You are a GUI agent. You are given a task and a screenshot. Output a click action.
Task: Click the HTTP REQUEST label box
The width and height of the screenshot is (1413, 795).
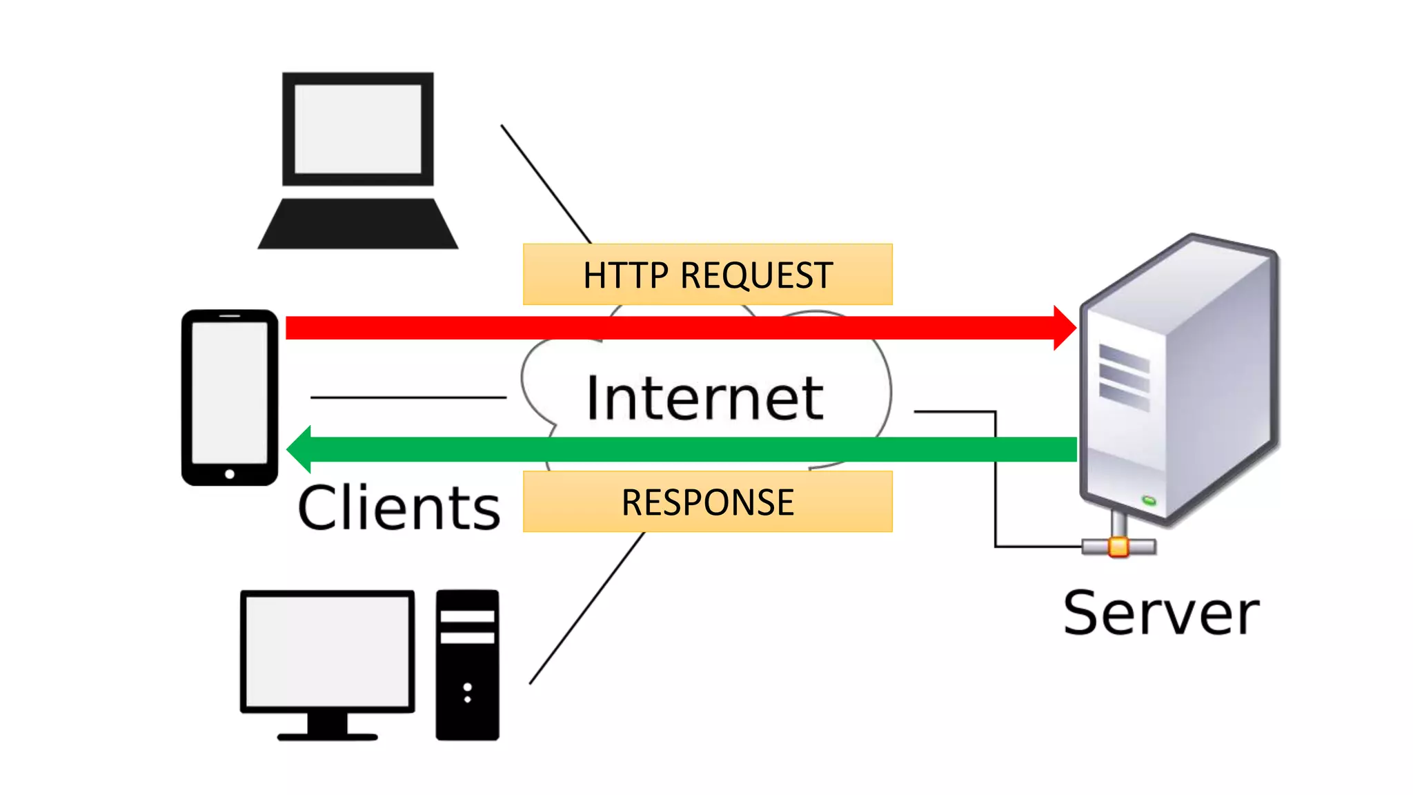(707, 275)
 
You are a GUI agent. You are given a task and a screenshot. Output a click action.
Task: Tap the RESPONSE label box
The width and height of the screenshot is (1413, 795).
(707, 502)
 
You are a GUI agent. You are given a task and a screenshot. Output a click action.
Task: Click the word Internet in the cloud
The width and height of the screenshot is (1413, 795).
(704, 398)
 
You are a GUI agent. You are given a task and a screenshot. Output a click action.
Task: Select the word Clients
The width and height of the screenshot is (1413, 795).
(399, 509)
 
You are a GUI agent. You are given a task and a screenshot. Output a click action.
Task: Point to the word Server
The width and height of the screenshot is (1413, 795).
(1161, 613)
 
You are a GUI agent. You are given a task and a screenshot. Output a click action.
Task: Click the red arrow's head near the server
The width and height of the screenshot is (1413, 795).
(1064, 328)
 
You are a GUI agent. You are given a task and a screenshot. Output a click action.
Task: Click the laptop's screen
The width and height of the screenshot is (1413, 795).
(357, 129)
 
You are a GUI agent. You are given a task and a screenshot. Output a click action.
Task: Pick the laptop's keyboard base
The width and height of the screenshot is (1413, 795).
(357, 224)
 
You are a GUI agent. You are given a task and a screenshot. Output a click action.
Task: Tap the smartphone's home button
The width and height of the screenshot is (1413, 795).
(230, 474)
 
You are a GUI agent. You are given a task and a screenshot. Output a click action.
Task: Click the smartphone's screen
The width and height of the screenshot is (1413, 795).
(230, 392)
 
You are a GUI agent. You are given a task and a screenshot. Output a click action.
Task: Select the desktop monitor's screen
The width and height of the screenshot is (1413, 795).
(327, 651)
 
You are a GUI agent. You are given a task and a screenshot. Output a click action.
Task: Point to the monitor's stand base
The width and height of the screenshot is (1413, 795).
(327, 736)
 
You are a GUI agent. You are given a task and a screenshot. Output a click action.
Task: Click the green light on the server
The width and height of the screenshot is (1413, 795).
(1149, 500)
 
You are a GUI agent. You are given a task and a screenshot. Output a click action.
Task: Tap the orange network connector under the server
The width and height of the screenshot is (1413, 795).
(1118, 547)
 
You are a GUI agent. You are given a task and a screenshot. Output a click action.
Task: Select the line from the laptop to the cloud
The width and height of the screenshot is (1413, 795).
(545, 183)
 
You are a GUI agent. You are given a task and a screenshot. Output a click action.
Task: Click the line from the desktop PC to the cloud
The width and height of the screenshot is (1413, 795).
(586, 608)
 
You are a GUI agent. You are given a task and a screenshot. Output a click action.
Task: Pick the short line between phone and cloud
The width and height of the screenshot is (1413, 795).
(408, 397)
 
